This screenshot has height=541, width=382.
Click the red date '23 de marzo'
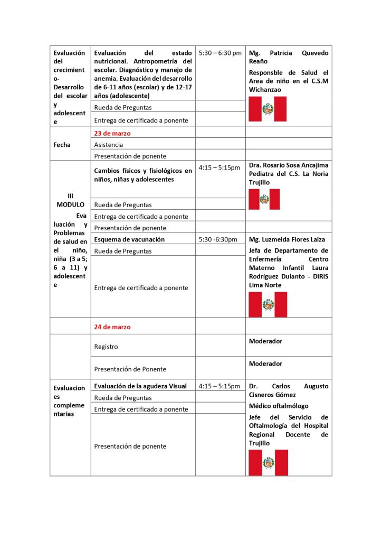point(112,134)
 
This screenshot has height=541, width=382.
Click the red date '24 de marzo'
point(112,327)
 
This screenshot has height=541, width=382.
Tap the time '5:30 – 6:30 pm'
point(220,53)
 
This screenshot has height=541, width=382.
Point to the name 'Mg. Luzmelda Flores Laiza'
point(287,239)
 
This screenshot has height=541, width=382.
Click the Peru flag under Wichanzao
point(268,109)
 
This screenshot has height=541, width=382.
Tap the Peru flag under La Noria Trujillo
point(264,199)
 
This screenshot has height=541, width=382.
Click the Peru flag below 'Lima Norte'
point(268,304)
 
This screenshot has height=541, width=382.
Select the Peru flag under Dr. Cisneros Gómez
point(269,462)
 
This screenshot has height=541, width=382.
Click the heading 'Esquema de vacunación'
point(129,239)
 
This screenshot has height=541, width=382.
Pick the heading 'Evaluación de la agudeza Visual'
point(140,386)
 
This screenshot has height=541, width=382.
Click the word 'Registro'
point(106,347)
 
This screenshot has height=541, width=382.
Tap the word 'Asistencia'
point(109,145)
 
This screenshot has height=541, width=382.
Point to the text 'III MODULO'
point(70,200)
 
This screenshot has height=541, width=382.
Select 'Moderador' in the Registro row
point(265,341)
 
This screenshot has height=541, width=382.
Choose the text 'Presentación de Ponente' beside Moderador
point(130,369)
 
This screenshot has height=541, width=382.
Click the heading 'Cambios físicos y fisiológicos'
point(142,171)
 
